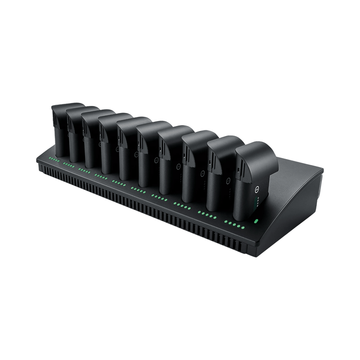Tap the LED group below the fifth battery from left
(118, 183)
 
